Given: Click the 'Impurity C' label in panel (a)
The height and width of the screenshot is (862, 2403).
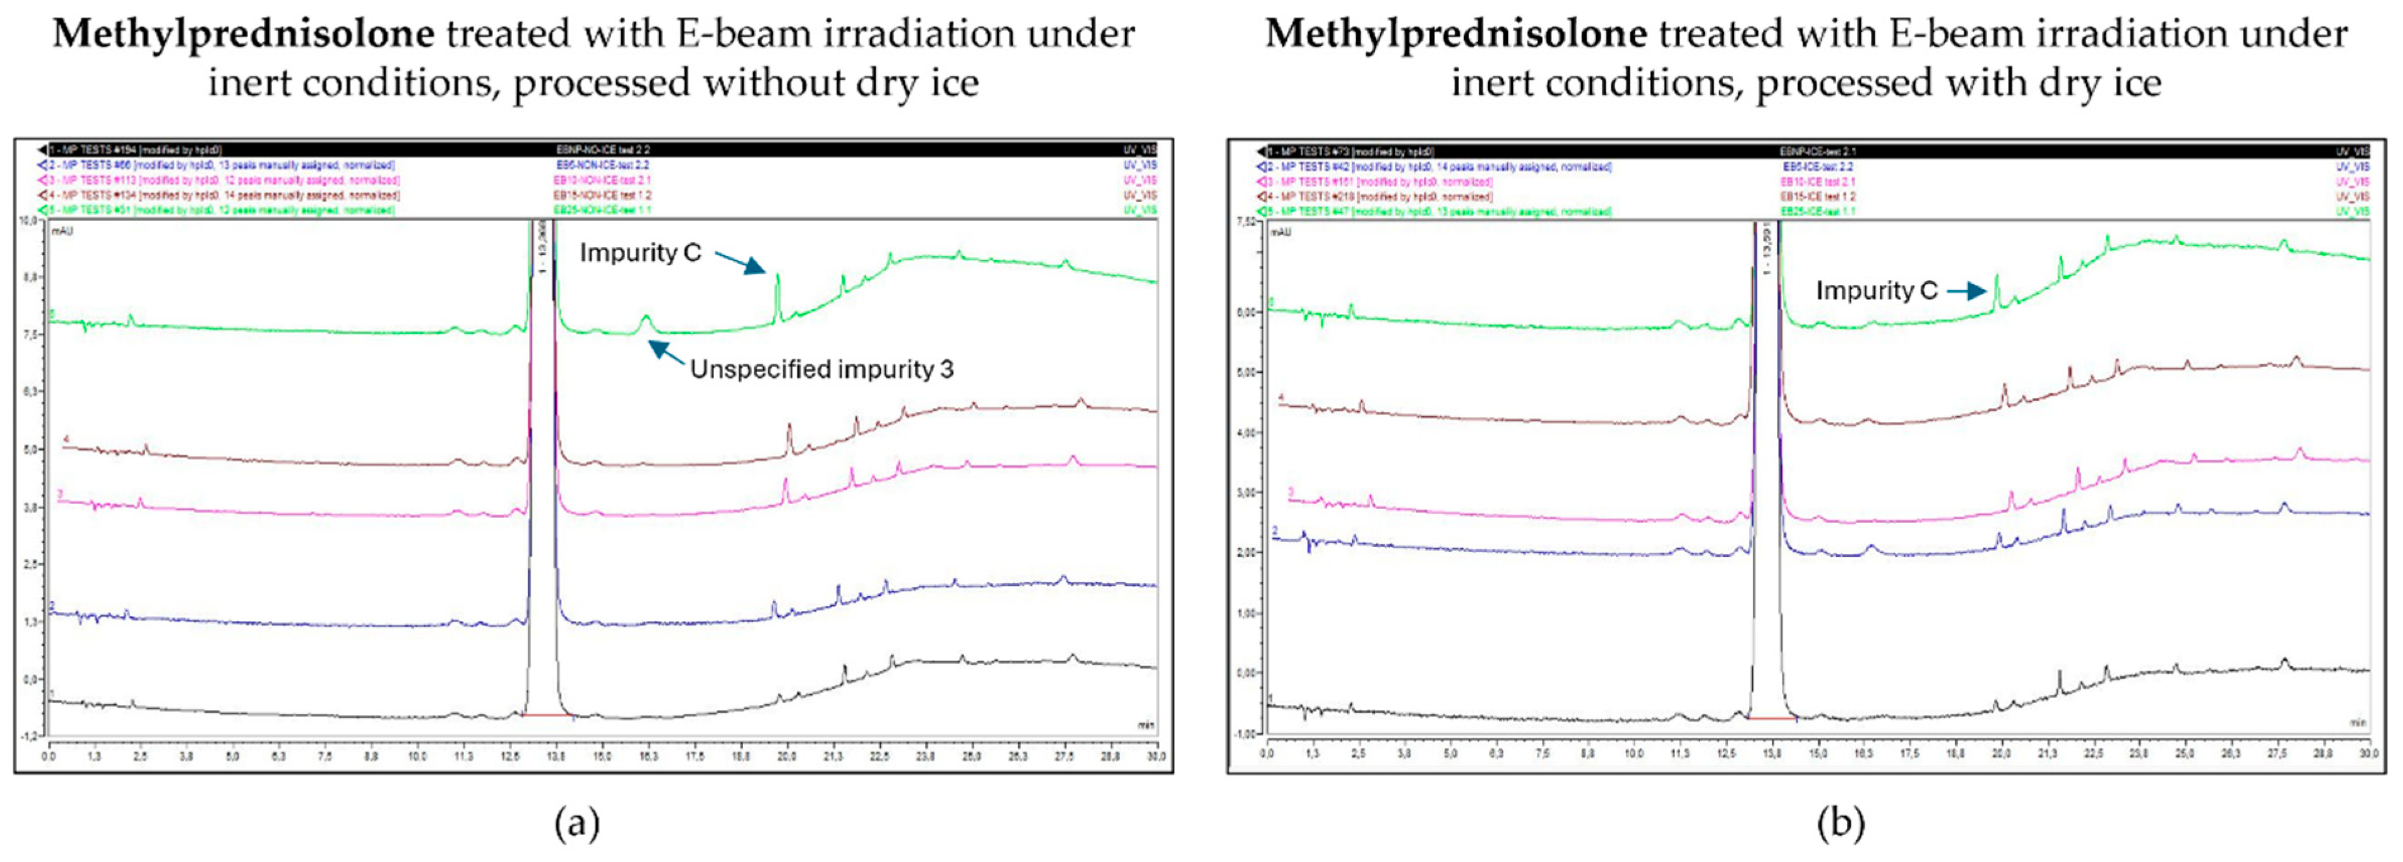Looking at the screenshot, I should pyautogui.click(x=640, y=253).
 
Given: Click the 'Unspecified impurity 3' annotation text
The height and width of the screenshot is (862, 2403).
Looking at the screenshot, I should pyautogui.click(x=821, y=369).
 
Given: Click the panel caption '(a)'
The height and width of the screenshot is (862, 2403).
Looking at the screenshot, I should pyautogui.click(x=577, y=823).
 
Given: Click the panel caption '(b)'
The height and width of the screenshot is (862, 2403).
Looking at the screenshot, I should pyautogui.click(x=1840, y=823).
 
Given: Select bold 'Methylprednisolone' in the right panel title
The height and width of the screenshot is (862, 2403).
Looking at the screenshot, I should pyautogui.click(x=1455, y=35).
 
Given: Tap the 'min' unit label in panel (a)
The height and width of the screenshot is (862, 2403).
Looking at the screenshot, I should pyautogui.click(x=1144, y=724).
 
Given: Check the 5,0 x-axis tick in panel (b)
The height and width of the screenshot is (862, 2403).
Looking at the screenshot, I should pyautogui.click(x=1450, y=752).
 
